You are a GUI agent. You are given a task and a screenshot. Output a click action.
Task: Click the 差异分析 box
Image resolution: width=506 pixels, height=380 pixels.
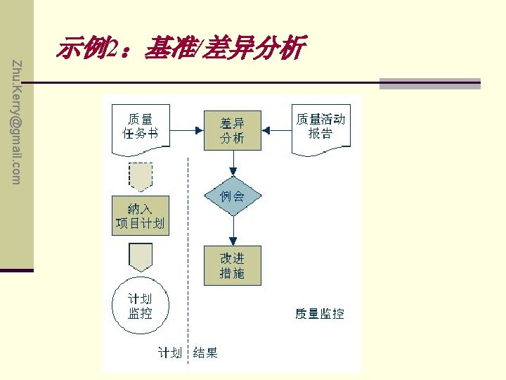[x=232, y=130]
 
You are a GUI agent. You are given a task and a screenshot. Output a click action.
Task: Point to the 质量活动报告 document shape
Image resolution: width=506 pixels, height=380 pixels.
[x=320, y=127]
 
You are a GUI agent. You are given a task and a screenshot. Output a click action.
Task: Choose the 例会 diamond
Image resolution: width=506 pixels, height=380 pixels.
[x=232, y=196]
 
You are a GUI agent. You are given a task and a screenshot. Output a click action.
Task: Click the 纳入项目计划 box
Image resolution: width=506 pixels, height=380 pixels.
[x=141, y=215]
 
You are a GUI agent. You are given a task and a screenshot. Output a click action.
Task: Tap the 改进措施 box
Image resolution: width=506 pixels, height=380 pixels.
[x=232, y=265]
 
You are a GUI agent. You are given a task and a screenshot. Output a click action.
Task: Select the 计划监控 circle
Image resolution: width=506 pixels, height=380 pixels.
[x=140, y=308]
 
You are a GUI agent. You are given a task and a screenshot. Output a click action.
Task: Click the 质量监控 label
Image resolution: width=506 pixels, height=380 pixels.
[x=319, y=314]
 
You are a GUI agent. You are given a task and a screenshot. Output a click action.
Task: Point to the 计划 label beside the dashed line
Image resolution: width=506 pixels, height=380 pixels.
[x=169, y=353]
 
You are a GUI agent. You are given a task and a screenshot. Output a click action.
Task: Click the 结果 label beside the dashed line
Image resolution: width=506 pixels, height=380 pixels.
[x=205, y=353]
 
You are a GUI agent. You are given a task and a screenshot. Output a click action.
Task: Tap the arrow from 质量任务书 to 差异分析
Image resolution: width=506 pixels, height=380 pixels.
[x=186, y=130]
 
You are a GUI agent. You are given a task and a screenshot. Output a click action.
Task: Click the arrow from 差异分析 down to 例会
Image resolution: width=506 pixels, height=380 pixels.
[x=232, y=163]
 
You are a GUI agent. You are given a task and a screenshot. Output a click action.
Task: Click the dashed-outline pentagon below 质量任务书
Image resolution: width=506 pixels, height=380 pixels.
[x=141, y=176]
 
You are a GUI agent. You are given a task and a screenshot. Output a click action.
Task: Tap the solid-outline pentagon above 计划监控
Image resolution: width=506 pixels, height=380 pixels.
[x=141, y=257]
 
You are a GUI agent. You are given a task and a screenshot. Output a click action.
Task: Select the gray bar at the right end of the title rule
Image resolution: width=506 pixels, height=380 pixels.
[x=429, y=84]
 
